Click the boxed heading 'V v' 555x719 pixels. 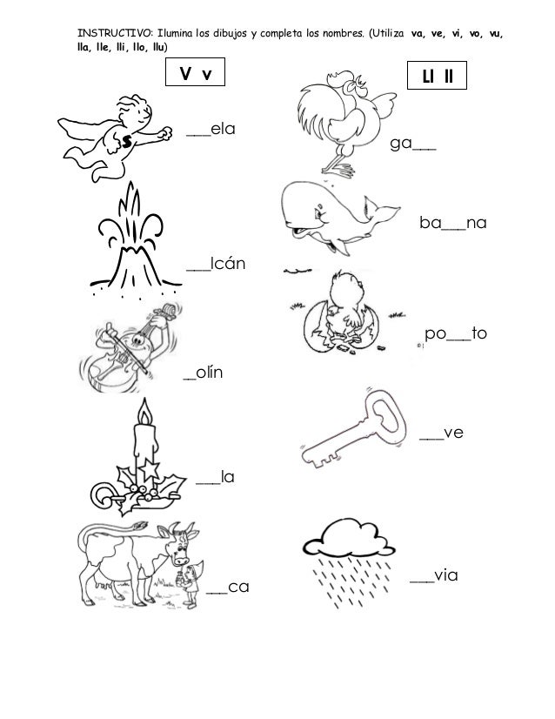pos(196,75)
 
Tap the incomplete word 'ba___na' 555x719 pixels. pos(451,225)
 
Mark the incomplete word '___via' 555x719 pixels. pos(434,575)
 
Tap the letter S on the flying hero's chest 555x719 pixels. pos(127,140)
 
